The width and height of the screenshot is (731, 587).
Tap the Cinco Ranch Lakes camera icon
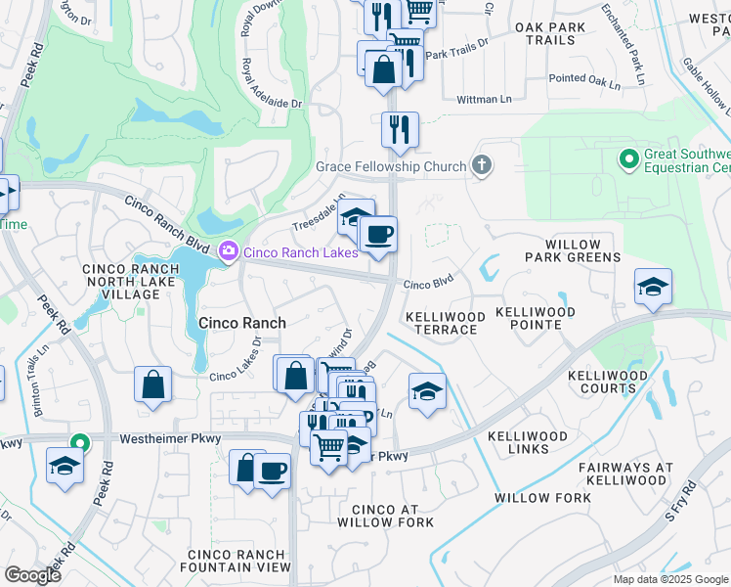[229, 252]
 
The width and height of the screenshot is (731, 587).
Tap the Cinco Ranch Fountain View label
[239, 561]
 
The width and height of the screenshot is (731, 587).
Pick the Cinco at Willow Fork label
[385, 516]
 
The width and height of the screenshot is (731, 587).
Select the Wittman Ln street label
[485, 100]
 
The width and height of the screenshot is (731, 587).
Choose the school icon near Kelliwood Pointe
[653, 286]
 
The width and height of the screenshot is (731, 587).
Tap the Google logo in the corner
[33, 574]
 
